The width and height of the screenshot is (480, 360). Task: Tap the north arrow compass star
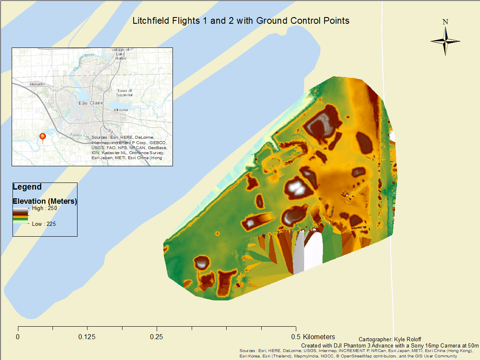[445, 41]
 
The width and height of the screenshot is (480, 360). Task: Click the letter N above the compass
[445, 22]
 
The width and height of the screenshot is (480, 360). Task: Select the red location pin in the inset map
[42, 137]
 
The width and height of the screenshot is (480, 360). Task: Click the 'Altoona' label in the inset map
[121, 110]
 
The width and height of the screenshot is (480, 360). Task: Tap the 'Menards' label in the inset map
[37, 84]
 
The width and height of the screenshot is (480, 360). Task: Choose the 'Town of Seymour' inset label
[124, 93]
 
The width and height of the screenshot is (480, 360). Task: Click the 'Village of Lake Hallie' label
[121, 54]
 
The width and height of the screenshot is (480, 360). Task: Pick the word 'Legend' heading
[27, 187]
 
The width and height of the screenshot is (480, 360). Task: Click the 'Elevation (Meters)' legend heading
[45, 201]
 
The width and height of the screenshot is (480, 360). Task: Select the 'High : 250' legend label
[44, 208]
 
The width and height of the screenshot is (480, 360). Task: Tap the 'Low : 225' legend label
[44, 224]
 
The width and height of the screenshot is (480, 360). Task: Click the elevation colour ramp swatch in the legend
[20, 216]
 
